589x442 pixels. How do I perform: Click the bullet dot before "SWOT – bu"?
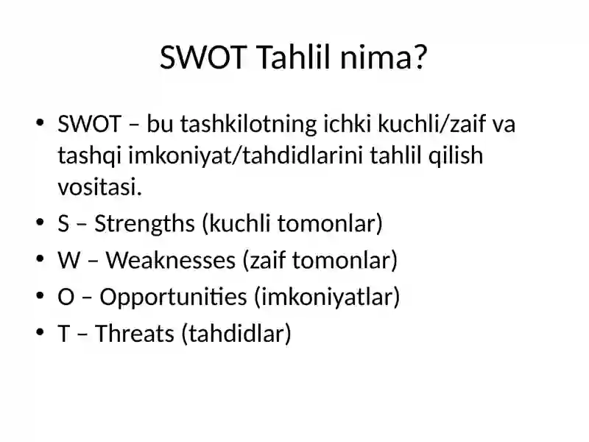click(x=40, y=122)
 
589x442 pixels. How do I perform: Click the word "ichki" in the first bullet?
click(x=348, y=124)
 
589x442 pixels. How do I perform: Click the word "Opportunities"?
click(x=173, y=298)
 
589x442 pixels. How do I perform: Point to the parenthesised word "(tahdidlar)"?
click(x=236, y=334)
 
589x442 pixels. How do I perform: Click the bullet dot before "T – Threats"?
click(x=40, y=333)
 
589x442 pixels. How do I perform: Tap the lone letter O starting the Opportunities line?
click(x=66, y=297)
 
